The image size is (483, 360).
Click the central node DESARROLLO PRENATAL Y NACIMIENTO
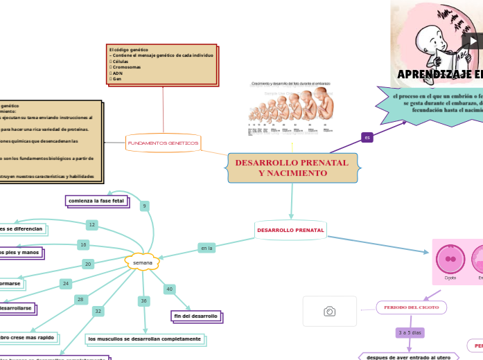click(292, 168)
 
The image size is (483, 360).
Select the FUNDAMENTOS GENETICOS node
click(163, 143)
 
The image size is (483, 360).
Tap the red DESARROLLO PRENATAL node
click(290, 230)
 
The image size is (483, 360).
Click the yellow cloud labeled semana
click(142, 263)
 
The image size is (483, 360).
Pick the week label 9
click(144, 206)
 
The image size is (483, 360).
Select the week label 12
click(92, 225)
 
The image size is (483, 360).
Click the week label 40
click(169, 289)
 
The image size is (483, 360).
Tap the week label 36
click(144, 301)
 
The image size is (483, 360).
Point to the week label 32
click(98, 312)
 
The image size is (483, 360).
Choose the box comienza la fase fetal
click(96, 201)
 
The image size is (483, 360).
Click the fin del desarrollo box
click(196, 316)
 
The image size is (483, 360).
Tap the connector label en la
click(206, 248)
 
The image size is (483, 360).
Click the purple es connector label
click(367, 138)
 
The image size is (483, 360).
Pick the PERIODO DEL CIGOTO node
click(411, 307)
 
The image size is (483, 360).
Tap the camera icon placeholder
click(330, 312)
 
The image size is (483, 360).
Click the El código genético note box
click(162, 64)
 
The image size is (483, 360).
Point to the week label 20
click(88, 264)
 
